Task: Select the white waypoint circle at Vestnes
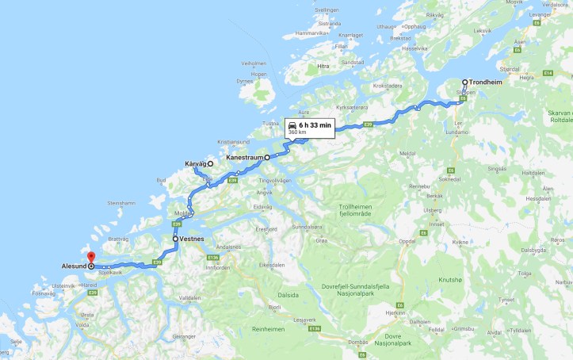point(175,238)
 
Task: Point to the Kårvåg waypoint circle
point(211,164)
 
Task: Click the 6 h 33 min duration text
point(315,125)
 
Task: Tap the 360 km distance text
point(298,132)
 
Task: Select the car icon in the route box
point(292,125)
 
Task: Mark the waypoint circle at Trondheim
point(465,82)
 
